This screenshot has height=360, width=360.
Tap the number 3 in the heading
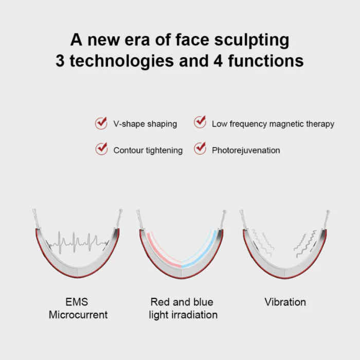point(61,61)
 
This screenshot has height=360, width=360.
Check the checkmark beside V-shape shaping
point(101,123)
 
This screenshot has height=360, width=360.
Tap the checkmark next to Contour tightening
point(101,150)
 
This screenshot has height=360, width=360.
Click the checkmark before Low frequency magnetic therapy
point(200,123)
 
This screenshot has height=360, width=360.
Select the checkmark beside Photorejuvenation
point(200,149)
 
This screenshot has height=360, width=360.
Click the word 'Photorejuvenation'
point(246,150)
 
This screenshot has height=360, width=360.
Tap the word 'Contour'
point(129,150)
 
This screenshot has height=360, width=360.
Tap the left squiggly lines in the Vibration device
point(266,242)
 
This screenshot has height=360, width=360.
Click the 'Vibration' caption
point(285,302)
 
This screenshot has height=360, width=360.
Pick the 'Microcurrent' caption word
point(78,315)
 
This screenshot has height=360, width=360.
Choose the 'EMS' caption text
point(77,302)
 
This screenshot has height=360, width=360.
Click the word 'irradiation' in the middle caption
point(192,315)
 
